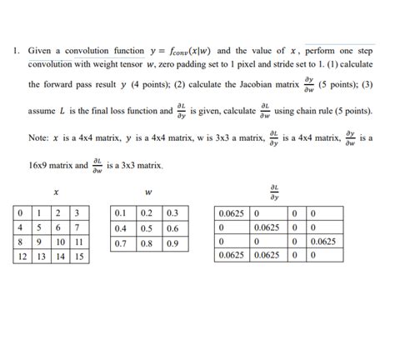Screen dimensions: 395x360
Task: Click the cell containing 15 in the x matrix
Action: tap(78, 257)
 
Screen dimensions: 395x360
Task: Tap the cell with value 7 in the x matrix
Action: tap(78, 227)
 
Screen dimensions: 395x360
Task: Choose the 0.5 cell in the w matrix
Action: tap(147, 227)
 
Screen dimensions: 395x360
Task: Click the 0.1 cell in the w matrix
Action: tap(122, 212)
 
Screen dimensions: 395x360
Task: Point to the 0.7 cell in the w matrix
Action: tap(122, 242)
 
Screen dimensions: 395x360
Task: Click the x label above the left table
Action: tap(55, 192)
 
